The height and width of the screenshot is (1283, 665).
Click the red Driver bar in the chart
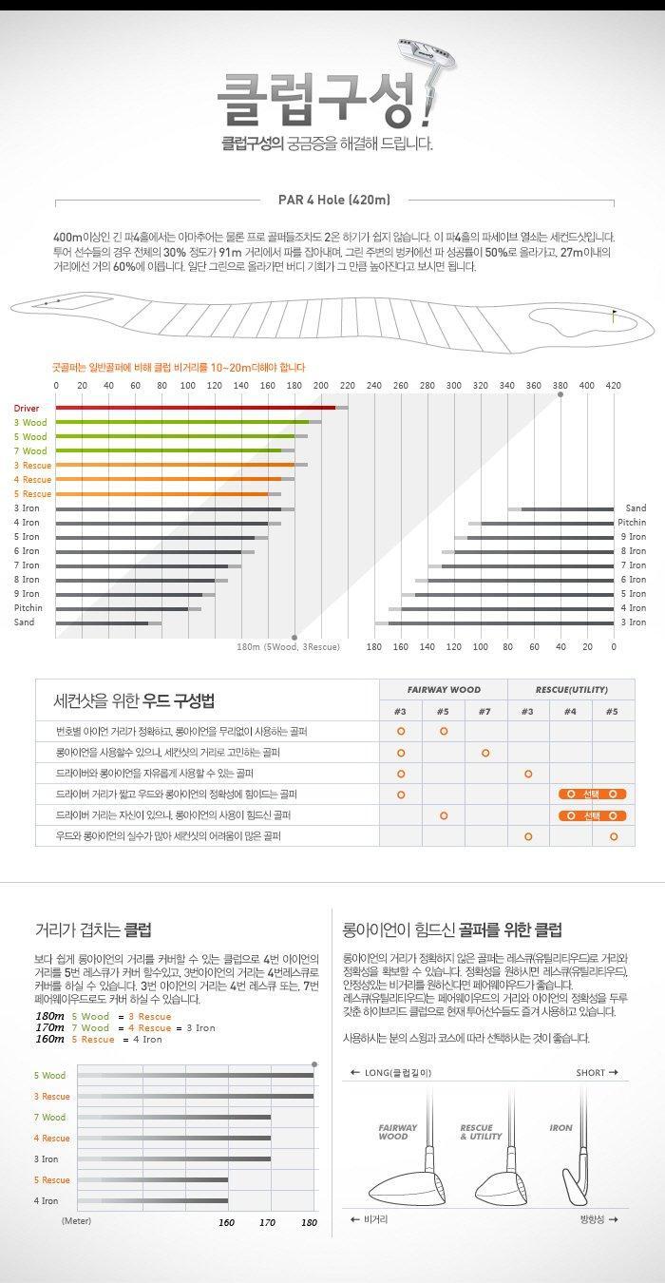(195, 408)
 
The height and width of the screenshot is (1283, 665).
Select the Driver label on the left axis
(27, 408)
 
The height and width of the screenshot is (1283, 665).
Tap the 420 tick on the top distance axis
(613, 385)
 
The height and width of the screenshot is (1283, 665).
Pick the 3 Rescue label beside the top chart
(32, 465)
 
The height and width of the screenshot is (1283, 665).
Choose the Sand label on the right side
(635, 508)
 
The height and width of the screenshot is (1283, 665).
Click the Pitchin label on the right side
(631, 523)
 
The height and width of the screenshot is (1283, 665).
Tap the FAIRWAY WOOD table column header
(444, 689)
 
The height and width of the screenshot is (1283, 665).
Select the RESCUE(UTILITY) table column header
(570, 689)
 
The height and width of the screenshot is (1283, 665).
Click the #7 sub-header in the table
(485, 711)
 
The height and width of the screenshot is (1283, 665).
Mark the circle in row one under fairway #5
(444, 731)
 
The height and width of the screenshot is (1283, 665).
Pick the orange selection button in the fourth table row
(591, 794)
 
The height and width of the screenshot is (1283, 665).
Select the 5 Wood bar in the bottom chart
(195, 1075)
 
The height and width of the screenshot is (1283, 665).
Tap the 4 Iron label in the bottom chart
(47, 1200)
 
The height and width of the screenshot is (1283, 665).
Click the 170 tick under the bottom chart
(268, 1222)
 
